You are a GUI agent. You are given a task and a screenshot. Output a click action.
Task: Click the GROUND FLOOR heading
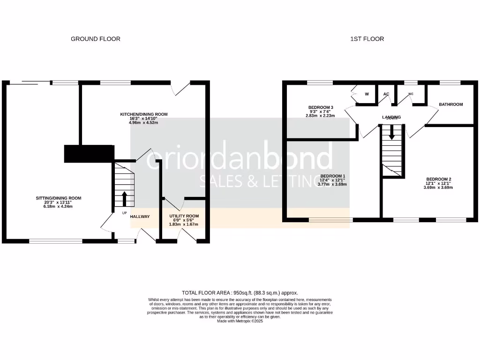tap(95, 39)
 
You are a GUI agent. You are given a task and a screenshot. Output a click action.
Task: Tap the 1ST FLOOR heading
tap(367, 39)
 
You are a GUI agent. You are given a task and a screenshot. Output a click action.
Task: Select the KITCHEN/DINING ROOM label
tap(144, 114)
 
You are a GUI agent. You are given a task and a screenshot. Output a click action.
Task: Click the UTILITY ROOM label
tap(184, 216)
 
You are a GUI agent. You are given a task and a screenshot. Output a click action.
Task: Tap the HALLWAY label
tap(140, 217)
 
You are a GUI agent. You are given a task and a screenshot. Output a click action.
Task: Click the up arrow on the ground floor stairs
tap(124, 198)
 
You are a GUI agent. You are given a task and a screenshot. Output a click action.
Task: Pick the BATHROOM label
tap(450, 104)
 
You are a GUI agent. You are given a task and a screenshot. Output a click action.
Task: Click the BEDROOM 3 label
tap(321, 107)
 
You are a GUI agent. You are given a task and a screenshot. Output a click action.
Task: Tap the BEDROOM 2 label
tap(439, 179)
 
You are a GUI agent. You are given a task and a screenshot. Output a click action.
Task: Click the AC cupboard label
tap(386, 94)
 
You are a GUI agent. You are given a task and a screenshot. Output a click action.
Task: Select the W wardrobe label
tap(367, 94)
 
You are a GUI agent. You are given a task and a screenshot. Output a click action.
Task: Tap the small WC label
tap(411, 94)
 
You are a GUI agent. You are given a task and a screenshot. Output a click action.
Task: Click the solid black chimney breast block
tap(89, 153)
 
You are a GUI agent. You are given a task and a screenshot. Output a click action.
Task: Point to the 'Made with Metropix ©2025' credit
tap(240, 322)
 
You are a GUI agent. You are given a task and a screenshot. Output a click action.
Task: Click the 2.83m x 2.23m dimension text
tap(321, 115)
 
